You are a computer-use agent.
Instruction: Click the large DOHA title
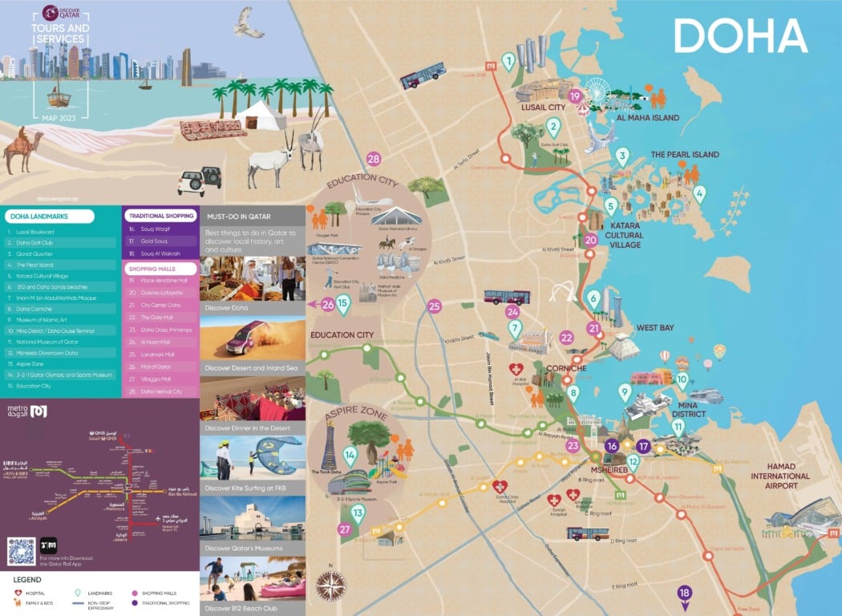click(x=739, y=37)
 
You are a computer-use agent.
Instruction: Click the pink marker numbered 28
click(x=374, y=159)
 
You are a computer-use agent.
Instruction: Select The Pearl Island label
click(x=684, y=154)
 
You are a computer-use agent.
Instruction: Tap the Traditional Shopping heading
click(x=160, y=216)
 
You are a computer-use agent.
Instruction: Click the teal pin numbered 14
click(x=350, y=455)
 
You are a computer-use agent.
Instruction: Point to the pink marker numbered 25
click(x=435, y=306)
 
